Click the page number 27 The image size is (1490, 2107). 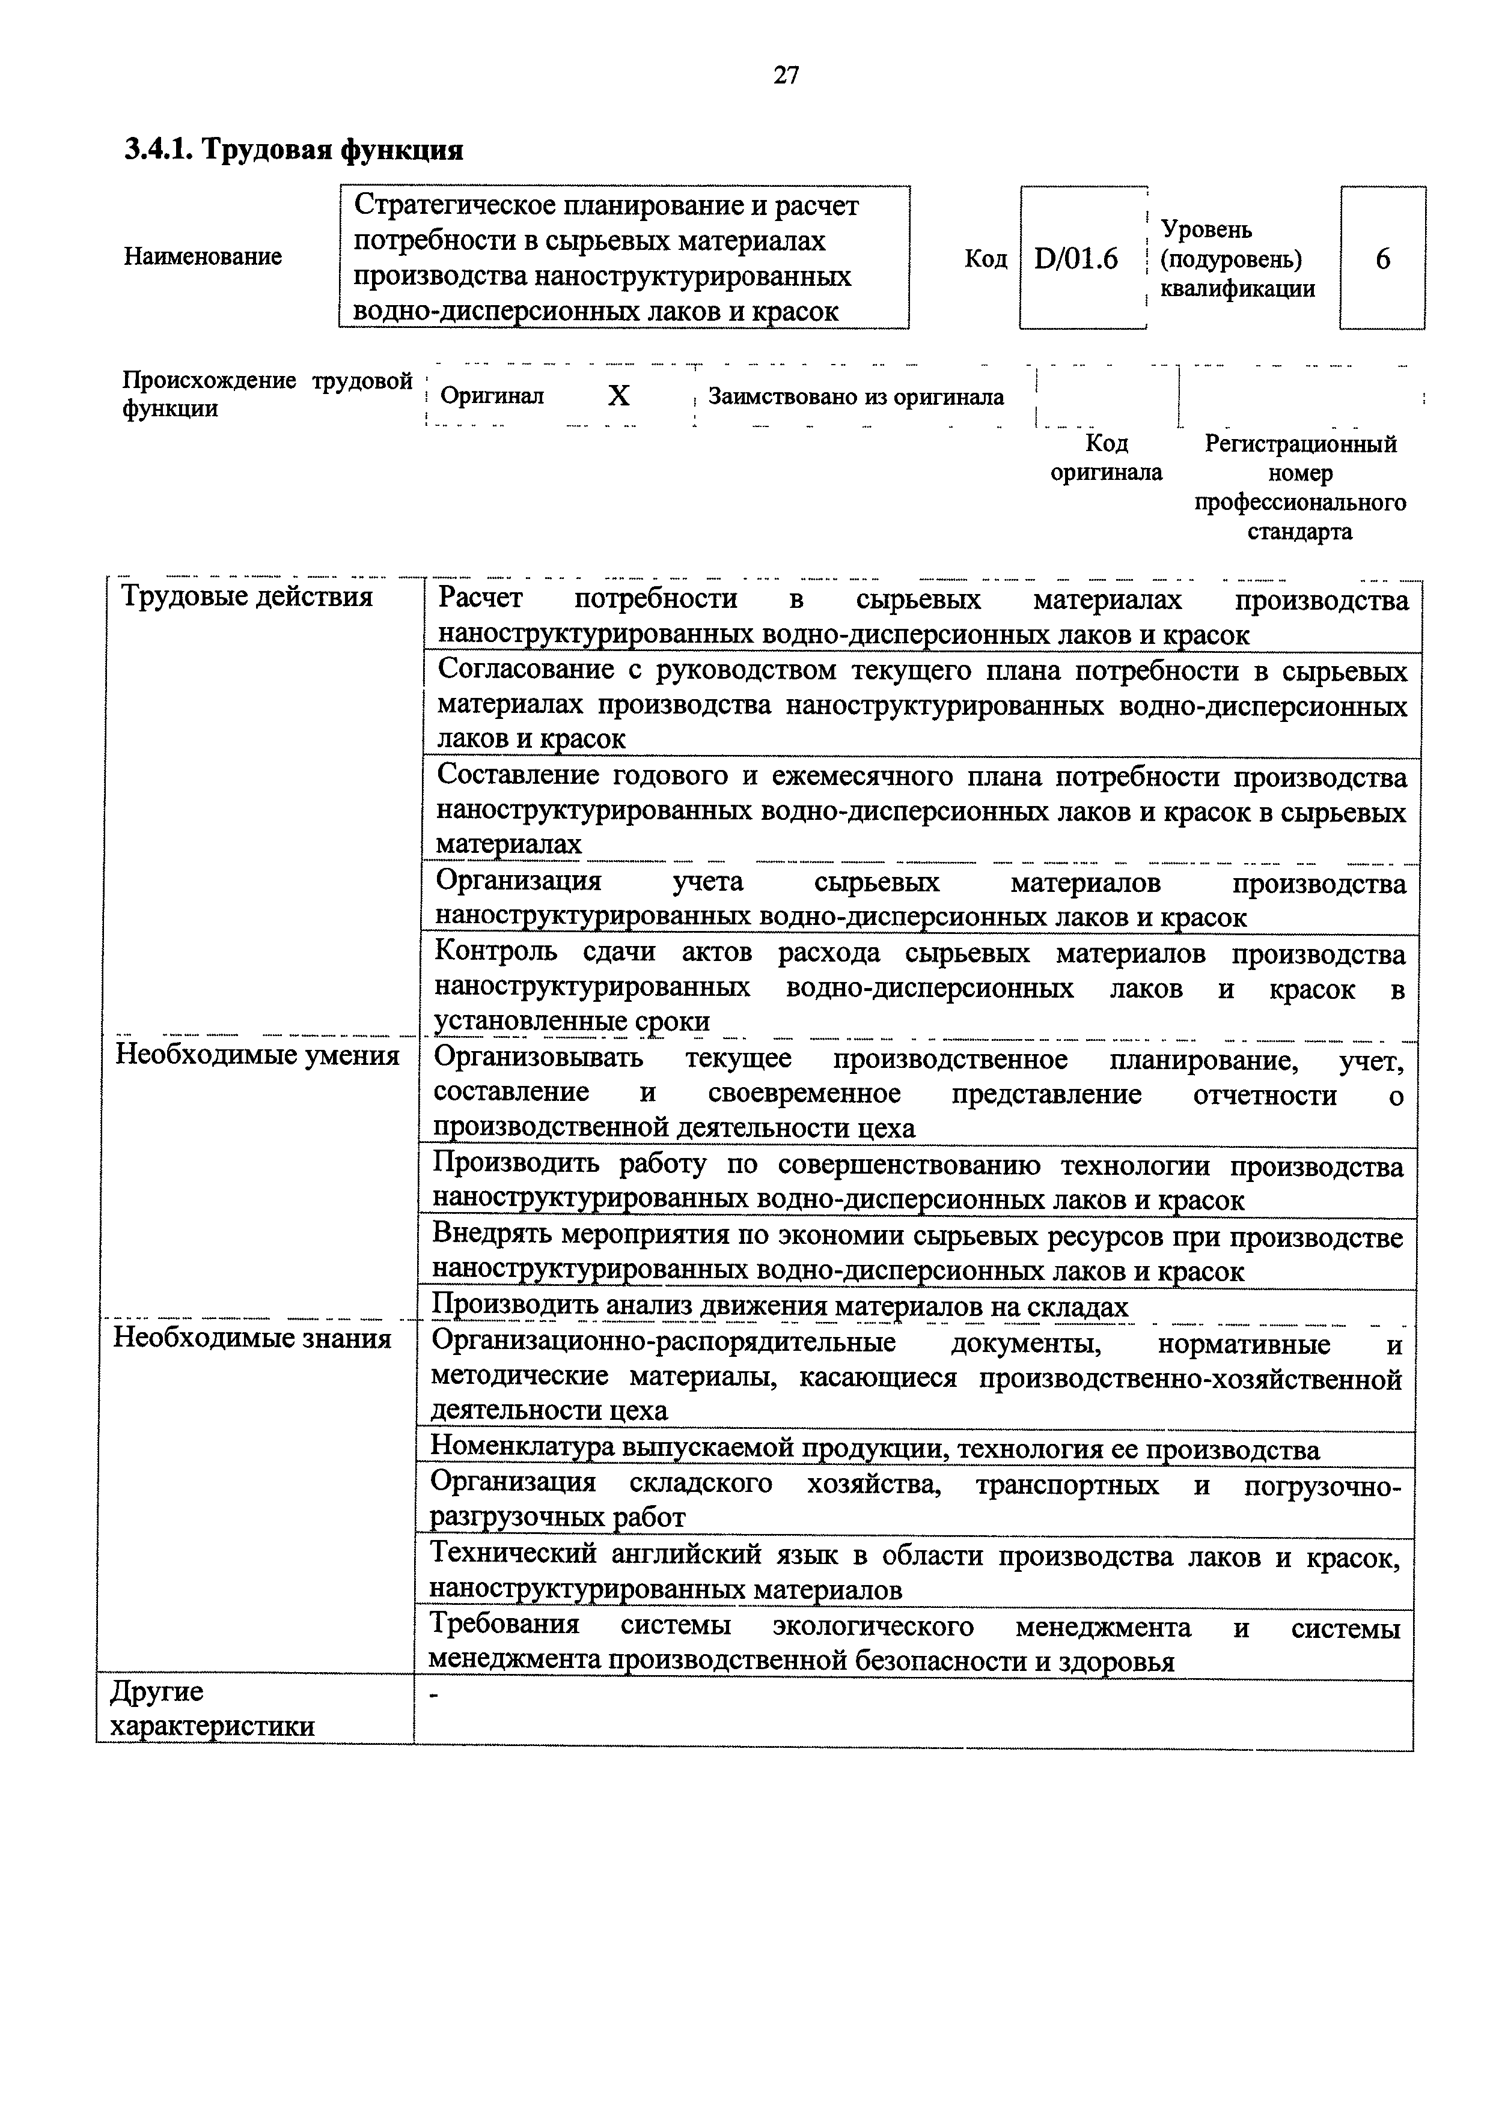786,75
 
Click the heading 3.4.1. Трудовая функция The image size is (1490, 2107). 294,149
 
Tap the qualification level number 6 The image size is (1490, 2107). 1382,259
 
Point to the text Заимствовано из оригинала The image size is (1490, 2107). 856,398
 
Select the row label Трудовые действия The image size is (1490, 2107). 248,598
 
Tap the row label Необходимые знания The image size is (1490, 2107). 252,1339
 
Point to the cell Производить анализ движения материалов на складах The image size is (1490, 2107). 780,1306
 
